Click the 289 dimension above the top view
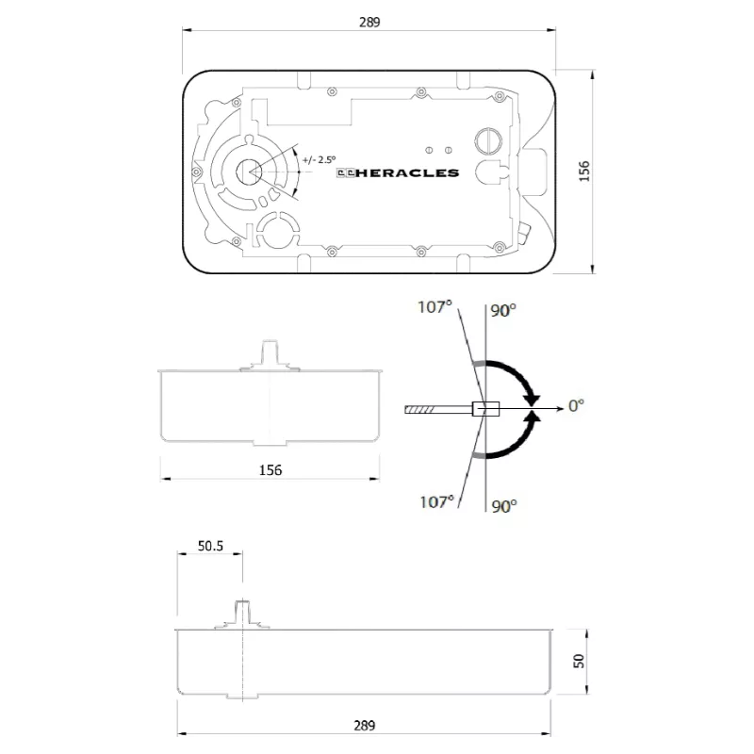369,23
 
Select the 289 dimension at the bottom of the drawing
364,726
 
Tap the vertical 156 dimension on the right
584,171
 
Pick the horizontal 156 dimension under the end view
270,469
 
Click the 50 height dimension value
580,662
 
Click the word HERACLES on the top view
413,172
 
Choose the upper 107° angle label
435,305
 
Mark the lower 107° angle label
435,501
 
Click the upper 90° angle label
503,310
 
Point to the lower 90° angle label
504,506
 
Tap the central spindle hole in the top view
249,172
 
